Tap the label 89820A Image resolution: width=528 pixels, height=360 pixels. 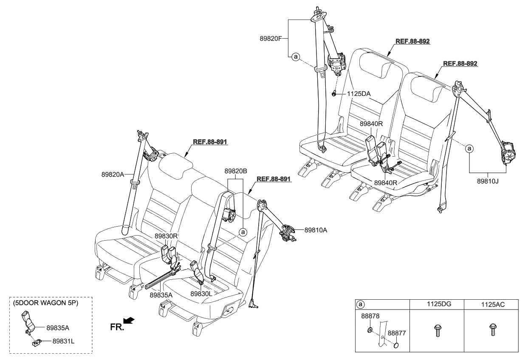tap(113, 174)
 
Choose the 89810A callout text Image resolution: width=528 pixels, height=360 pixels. tap(316, 230)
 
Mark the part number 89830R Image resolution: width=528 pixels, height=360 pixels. tap(167, 236)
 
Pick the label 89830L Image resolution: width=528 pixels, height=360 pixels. tap(202, 293)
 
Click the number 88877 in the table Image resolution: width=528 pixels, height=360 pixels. tap(398, 334)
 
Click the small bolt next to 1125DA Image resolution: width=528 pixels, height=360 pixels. tap(335, 94)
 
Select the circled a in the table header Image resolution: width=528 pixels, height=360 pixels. tap(361, 304)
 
